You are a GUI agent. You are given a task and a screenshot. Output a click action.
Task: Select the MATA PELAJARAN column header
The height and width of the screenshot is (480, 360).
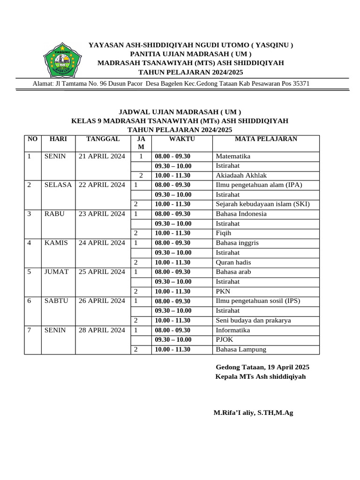[266, 139]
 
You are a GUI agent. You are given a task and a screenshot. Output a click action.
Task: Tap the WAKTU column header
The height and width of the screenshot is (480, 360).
[182, 139]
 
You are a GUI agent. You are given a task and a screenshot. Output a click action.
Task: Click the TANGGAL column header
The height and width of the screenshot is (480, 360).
[103, 139]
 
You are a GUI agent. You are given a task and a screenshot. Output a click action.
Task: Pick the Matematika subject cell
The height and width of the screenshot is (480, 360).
[233, 157]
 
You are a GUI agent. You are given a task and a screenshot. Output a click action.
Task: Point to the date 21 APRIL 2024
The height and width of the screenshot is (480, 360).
[102, 157]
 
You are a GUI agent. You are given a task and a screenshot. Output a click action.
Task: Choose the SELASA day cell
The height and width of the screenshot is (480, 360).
[58, 185]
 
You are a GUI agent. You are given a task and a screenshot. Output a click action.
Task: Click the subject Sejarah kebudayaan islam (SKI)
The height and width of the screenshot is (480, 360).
[262, 204]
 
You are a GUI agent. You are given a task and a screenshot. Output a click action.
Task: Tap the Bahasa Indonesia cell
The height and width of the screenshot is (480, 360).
[241, 214]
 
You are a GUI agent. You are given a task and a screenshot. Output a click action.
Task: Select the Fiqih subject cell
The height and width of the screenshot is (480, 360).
[223, 233]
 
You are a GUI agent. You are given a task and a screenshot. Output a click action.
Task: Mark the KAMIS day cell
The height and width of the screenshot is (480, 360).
[56, 243]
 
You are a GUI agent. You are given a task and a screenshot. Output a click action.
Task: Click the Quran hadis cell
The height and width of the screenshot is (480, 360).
[232, 262]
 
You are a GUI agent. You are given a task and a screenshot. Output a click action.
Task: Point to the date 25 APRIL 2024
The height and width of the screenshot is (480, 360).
[102, 272]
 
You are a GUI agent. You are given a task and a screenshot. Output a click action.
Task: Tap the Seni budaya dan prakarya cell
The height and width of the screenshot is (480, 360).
[253, 321]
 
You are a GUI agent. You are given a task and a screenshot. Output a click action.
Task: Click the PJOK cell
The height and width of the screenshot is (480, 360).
[224, 340]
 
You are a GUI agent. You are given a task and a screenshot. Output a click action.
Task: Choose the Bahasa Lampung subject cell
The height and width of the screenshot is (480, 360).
[241, 350]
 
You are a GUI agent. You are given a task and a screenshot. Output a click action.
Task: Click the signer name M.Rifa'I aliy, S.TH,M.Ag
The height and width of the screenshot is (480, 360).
[253, 413]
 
